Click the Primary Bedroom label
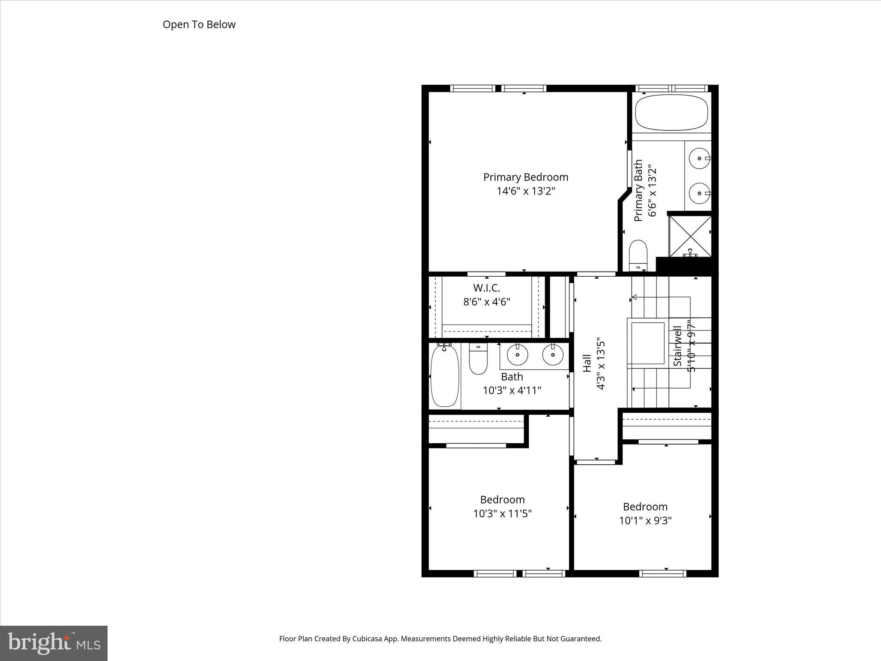pos(526,177)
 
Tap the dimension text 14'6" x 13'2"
pos(526,191)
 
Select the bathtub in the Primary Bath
pos(671,112)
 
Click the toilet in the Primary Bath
pos(638,256)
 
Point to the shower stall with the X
pos(690,236)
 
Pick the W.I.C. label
pos(487,287)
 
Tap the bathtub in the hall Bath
pos(445,376)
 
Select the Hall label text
pos(587,363)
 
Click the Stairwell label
pos(678,346)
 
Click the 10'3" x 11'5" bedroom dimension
pos(502,513)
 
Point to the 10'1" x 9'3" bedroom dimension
pos(645,520)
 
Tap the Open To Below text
pos(199,25)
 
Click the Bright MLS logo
pos(54,643)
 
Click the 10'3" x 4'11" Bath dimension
pos(511,390)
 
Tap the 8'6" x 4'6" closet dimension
pos(487,302)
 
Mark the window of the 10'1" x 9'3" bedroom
pos(662,573)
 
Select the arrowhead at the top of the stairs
pos(634,297)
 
